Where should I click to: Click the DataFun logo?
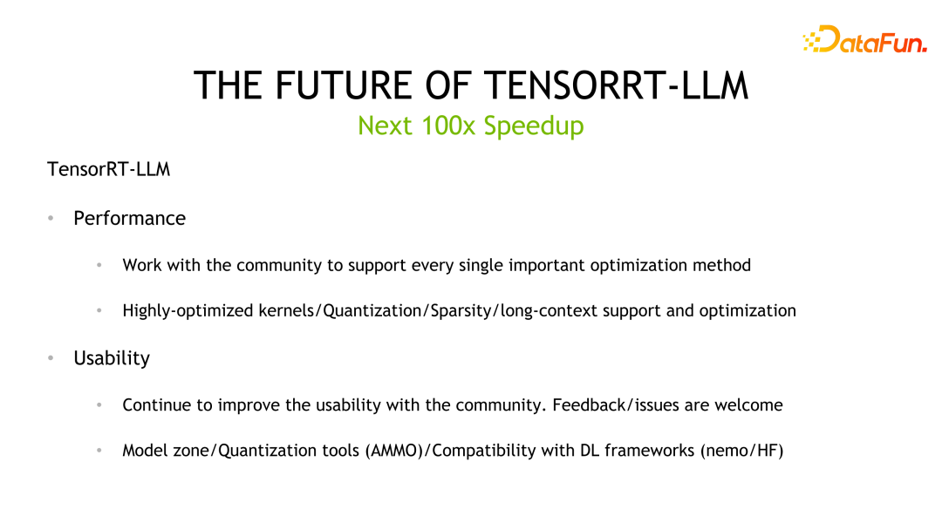864,40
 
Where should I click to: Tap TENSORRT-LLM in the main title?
616,85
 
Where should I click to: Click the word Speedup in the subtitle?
534,126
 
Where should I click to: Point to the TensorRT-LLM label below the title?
108,169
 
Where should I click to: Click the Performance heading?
129,218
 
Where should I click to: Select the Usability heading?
112,358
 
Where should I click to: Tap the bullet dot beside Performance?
51,218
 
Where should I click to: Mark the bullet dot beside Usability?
51,358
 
